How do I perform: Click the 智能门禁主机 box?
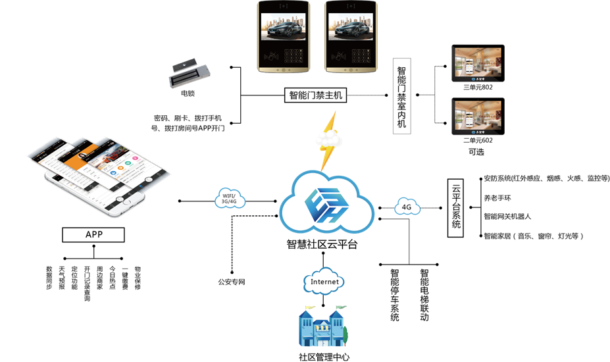pos(316,95)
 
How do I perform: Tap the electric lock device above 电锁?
pos(190,73)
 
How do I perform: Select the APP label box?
pos(93,234)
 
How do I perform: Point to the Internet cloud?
pos(324,282)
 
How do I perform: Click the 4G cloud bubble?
pos(407,207)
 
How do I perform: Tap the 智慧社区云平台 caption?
pos(322,244)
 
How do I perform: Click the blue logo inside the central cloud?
pos(327,203)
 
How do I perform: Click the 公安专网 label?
pos(232,282)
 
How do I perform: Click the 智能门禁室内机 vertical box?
pos(401,97)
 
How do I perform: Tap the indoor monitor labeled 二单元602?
pos(478,116)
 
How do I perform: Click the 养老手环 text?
pos(497,197)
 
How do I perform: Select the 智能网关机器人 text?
pos(507,216)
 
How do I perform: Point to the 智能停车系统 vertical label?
pos(395,295)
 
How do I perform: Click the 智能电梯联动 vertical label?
pos(424,295)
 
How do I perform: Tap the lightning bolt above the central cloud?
pos(328,140)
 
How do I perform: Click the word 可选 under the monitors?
pos(476,151)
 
